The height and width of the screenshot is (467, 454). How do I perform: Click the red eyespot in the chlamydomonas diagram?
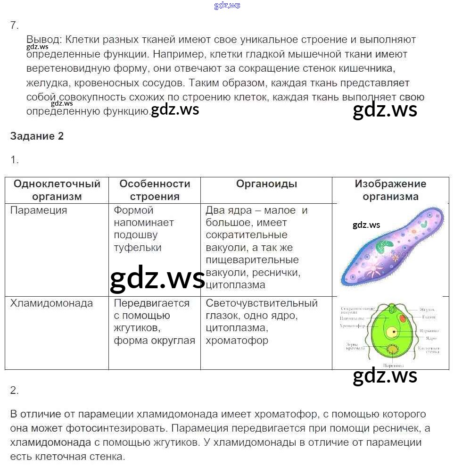(x=402, y=319)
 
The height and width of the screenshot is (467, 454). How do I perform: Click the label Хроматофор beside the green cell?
(x=352, y=325)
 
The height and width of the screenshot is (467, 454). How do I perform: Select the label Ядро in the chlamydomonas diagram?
(x=430, y=338)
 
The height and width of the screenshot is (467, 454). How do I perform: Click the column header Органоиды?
(x=266, y=184)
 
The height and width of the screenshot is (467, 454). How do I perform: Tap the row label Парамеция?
(x=39, y=210)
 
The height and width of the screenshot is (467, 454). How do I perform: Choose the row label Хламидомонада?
(x=51, y=303)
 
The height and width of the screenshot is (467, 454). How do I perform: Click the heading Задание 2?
(x=37, y=136)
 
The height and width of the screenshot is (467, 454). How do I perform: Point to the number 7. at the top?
(x=14, y=25)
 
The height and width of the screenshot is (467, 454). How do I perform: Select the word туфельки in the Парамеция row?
(x=138, y=248)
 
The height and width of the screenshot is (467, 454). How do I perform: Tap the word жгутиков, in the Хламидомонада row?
(x=135, y=328)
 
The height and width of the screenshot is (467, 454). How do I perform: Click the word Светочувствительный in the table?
(x=262, y=303)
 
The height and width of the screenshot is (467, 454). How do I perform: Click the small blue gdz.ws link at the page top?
(x=227, y=5)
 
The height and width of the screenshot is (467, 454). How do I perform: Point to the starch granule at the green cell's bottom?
(x=392, y=350)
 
